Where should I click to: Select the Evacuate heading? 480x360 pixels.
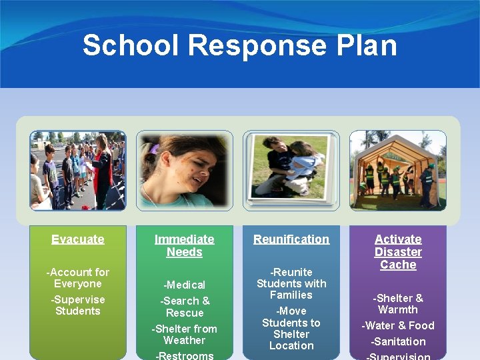point(78,239)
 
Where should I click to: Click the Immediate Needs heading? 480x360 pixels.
point(185,245)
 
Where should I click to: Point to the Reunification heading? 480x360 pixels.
point(291,239)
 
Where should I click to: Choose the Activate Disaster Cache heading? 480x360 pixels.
point(398,252)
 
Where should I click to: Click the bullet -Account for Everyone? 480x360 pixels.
point(78,278)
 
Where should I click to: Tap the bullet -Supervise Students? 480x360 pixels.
point(78,305)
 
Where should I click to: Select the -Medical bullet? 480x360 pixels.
point(185,285)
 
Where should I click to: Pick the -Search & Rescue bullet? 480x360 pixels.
point(185,307)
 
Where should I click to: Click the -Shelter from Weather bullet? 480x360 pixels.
point(185,334)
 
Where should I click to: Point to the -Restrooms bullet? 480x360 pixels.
point(185,355)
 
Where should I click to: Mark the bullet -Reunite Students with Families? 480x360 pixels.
point(291,283)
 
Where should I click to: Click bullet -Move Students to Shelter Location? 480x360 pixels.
point(291,328)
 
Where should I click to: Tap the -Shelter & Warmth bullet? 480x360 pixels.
point(398,303)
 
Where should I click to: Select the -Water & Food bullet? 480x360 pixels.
point(398,325)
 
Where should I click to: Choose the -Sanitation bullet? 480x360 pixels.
point(398,341)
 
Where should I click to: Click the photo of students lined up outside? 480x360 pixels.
point(78,170)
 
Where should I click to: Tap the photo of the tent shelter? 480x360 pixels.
point(398,170)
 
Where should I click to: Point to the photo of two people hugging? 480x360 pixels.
point(291,169)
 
